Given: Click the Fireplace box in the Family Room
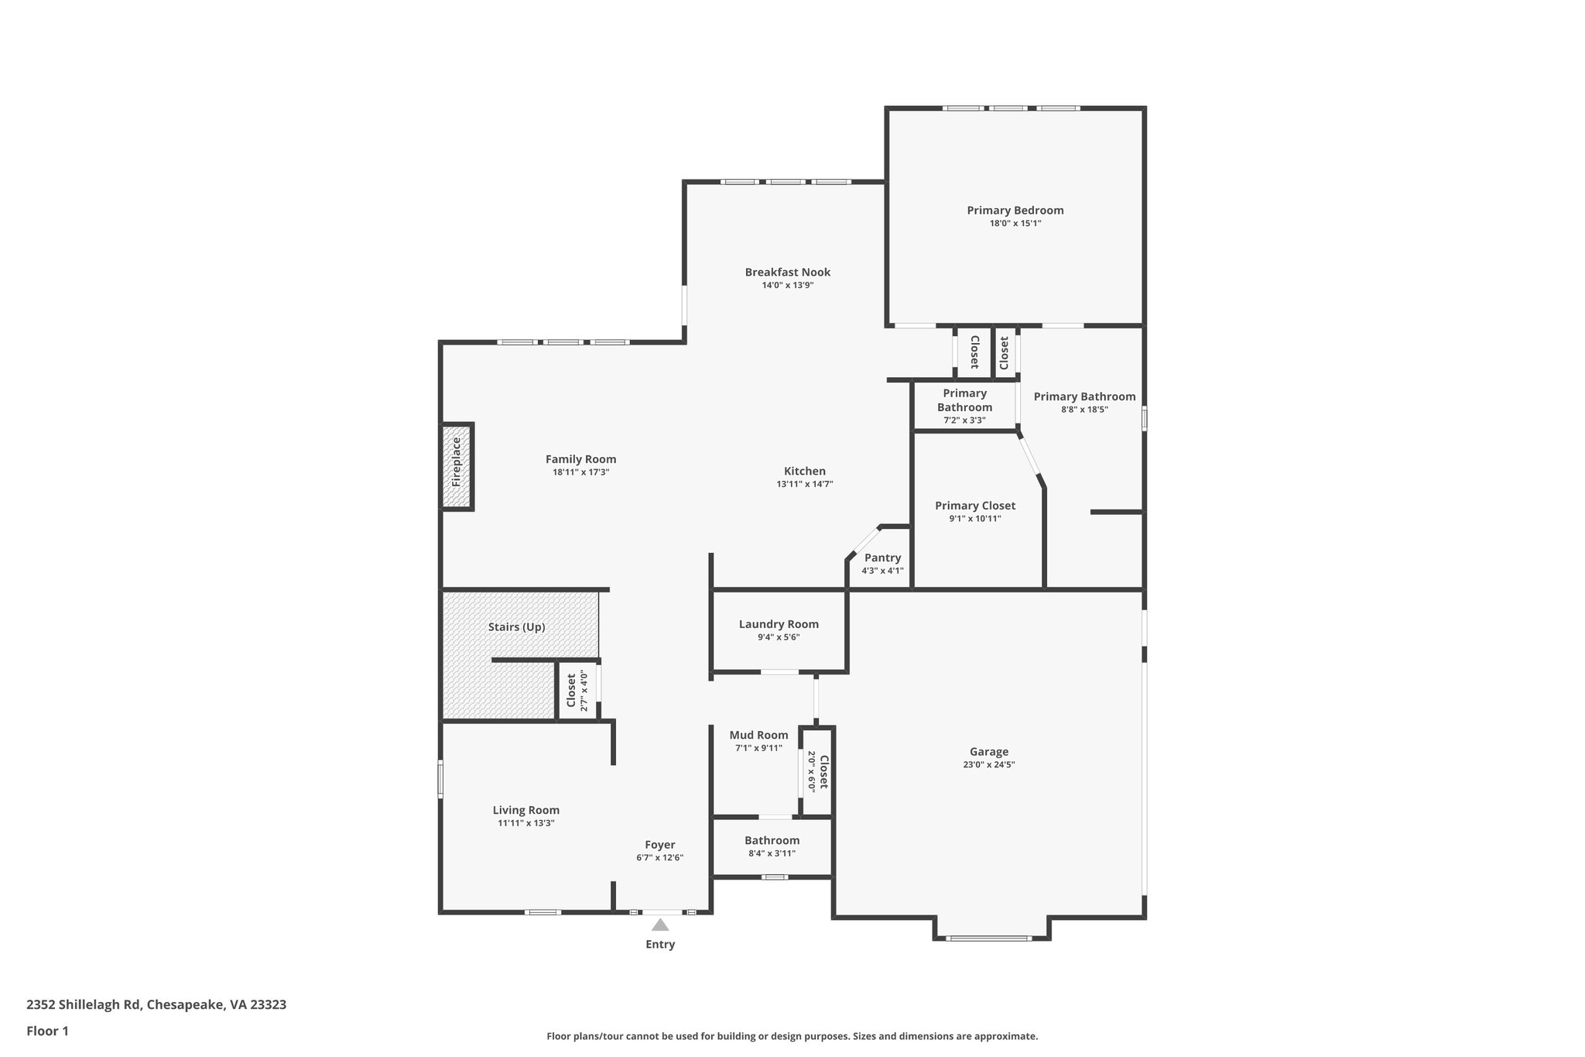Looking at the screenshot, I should tap(457, 466).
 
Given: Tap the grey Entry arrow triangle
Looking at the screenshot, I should tap(660, 925).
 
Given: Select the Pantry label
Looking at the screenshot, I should tap(882, 558).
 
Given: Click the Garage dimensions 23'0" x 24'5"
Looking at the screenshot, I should tap(988, 764).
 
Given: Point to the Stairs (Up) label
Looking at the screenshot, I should tap(516, 627).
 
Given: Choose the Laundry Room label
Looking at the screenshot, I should tap(779, 624).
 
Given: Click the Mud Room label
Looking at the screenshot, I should tap(758, 735).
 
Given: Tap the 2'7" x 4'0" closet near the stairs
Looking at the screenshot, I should tap(577, 691).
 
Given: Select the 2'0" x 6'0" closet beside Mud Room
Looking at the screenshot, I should tap(817, 771).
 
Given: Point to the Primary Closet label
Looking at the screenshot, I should tap(975, 506).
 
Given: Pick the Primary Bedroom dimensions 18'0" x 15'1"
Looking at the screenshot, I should tap(1015, 223).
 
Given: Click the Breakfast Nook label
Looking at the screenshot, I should tap(788, 272).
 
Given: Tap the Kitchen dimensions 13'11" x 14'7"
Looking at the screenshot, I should tap(804, 484).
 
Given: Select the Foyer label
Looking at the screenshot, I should tap(660, 845).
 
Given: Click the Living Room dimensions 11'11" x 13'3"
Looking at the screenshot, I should tap(526, 823).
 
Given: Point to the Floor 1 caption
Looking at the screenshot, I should tap(47, 1031).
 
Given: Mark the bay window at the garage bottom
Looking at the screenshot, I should tap(989, 938).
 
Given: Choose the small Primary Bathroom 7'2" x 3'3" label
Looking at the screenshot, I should tap(964, 407).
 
